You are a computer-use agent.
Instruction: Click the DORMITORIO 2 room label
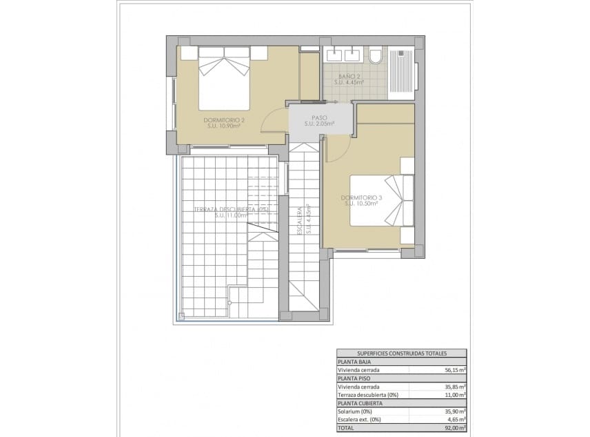point(225,120)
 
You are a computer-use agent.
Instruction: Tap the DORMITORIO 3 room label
point(361,197)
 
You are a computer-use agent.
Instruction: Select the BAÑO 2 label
point(349,75)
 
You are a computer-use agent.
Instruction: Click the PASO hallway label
point(318,118)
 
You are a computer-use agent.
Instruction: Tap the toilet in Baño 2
point(376,55)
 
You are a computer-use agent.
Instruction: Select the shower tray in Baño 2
point(402,70)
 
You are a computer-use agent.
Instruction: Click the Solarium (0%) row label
point(356,411)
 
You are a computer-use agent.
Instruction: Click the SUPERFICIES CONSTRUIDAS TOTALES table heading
point(401,353)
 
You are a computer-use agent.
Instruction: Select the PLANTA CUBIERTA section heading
point(358,402)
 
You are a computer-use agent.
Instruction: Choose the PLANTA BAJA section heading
point(353,361)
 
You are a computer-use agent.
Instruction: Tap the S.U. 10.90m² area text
point(225,126)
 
